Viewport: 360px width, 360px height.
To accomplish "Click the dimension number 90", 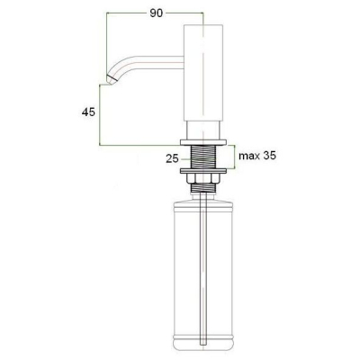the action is coord(157,13).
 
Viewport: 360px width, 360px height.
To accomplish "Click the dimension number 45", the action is coord(88,112).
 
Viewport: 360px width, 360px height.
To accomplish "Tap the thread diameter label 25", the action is coord(172,158).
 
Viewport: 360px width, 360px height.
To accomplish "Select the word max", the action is coord(249,156).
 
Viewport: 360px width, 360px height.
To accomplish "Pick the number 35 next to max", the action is coord(269,156).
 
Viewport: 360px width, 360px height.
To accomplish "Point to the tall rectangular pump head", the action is coord(203,74).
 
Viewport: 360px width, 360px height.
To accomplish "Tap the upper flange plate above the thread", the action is coord(203,141).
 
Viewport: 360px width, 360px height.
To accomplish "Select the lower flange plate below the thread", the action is coord(203,171).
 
